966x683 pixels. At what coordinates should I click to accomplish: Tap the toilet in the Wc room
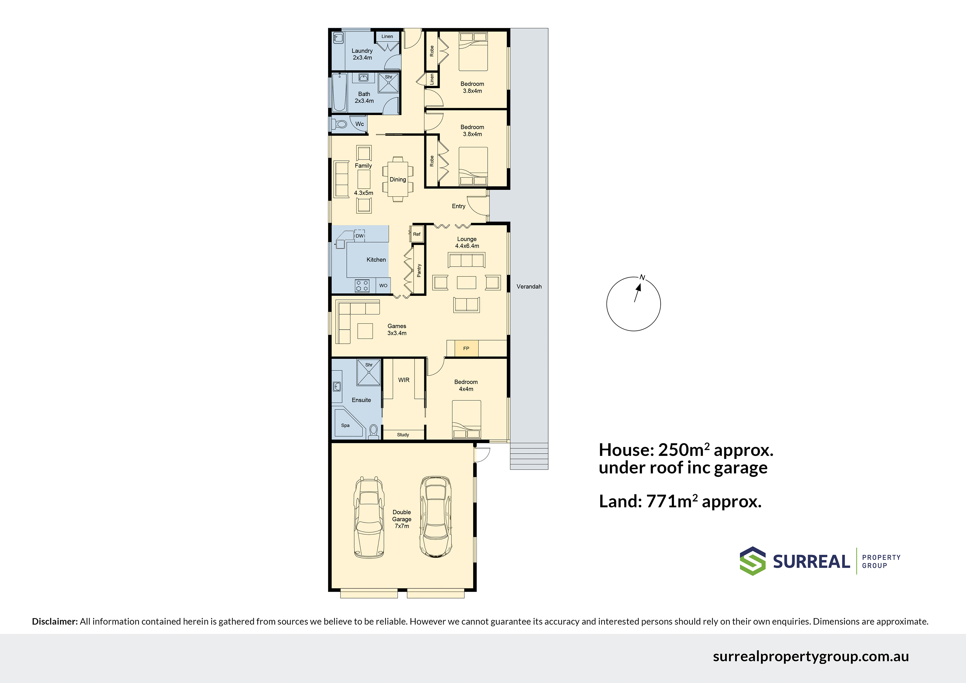[x=340, y=124]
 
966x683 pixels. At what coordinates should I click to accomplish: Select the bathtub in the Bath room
[x=339, y=93]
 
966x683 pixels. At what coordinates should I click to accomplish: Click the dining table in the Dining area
[x=398, y=179]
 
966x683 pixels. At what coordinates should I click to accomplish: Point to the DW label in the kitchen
[x=359, y=236]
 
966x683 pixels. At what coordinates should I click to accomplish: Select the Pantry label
[x=419, y=270]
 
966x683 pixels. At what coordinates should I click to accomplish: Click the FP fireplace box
[x=466, y=348]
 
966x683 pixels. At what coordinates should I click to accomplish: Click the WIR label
[x=404, y=380]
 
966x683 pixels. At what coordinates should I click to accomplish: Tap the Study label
[x=403, y=435]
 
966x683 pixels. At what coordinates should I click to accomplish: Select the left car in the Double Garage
[x=369, y=517]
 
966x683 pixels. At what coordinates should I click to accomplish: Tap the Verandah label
[x=529, y=287]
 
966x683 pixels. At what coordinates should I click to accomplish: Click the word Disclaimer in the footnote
[x=55, y=621]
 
